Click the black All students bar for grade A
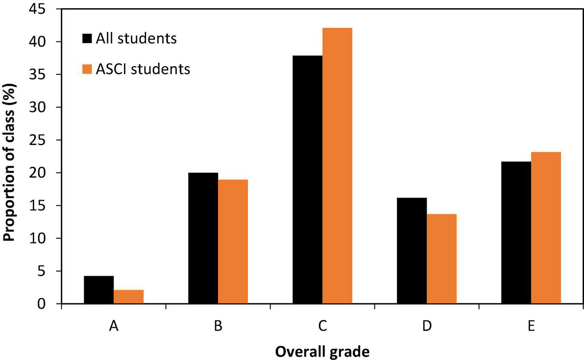(x=99, y=290)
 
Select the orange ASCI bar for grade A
(x=129, y=297)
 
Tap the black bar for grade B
(x=203, y=238)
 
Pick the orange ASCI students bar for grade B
(x=233, y=242)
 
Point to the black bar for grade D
(x=412, y=251)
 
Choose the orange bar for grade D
(x=441, y=259)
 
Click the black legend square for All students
(x=87, y=39)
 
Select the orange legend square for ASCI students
(x=87, y=69)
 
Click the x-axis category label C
(x=322, y=326)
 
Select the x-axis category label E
(x=531, y=326)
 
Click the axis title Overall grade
(x=322, y=352)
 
